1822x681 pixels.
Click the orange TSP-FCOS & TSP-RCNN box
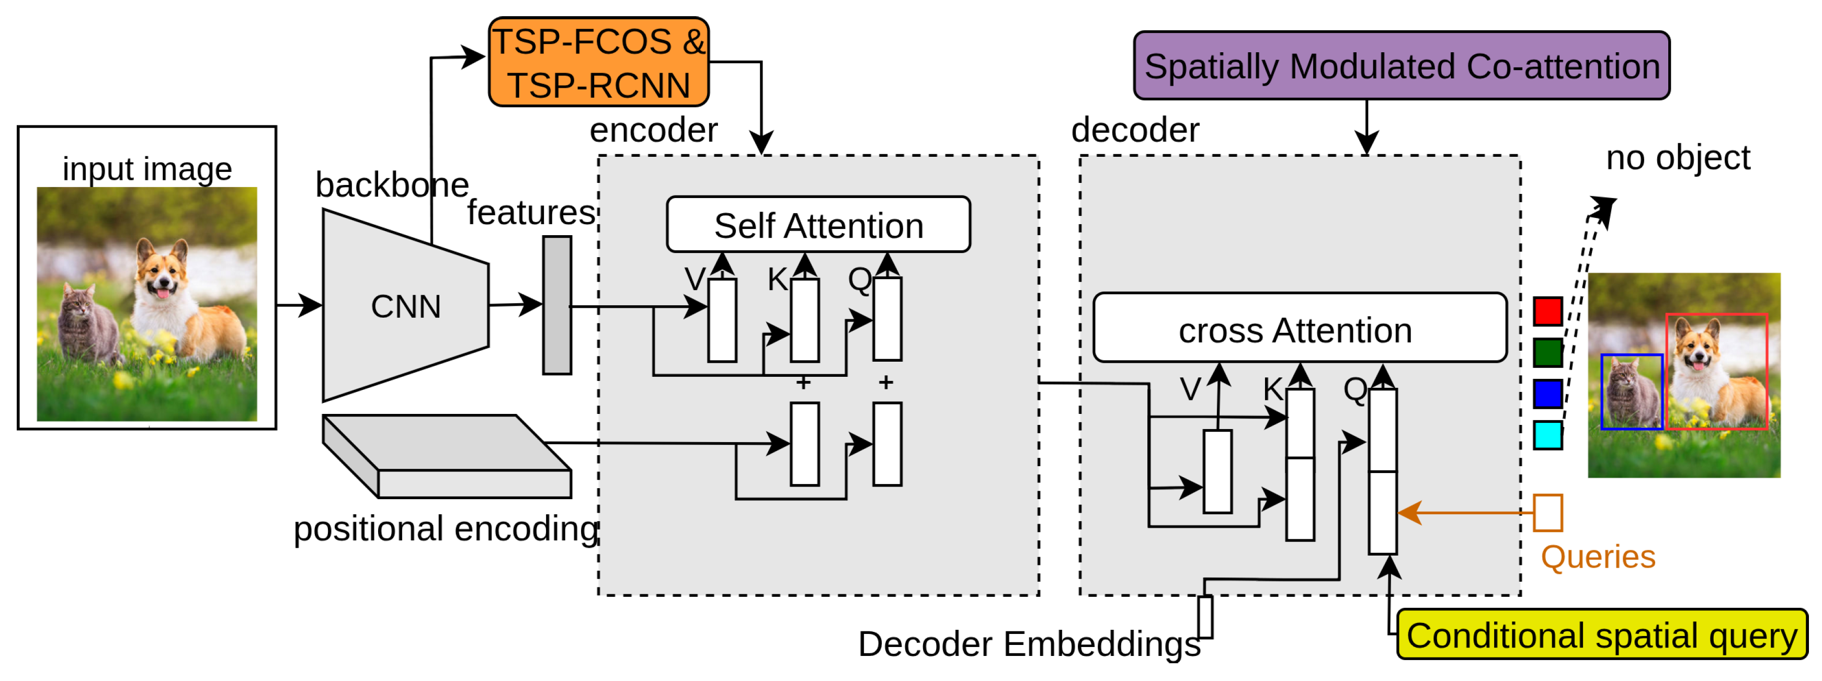coord(598,62)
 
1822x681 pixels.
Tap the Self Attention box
coord(818,225)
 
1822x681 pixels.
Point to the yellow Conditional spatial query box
coord(1602,634)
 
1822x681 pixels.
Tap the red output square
coord(1547,311)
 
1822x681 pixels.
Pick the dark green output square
coord(1547,352)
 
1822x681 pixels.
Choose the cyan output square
coord(1547,435)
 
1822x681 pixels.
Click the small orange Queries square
coord(1547,513)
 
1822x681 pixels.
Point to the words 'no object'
coord(1678,157)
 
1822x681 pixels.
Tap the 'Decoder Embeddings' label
coord(1029,643)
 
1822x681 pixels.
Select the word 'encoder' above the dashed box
coord(654,130)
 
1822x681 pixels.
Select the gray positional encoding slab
coord(447,456)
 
